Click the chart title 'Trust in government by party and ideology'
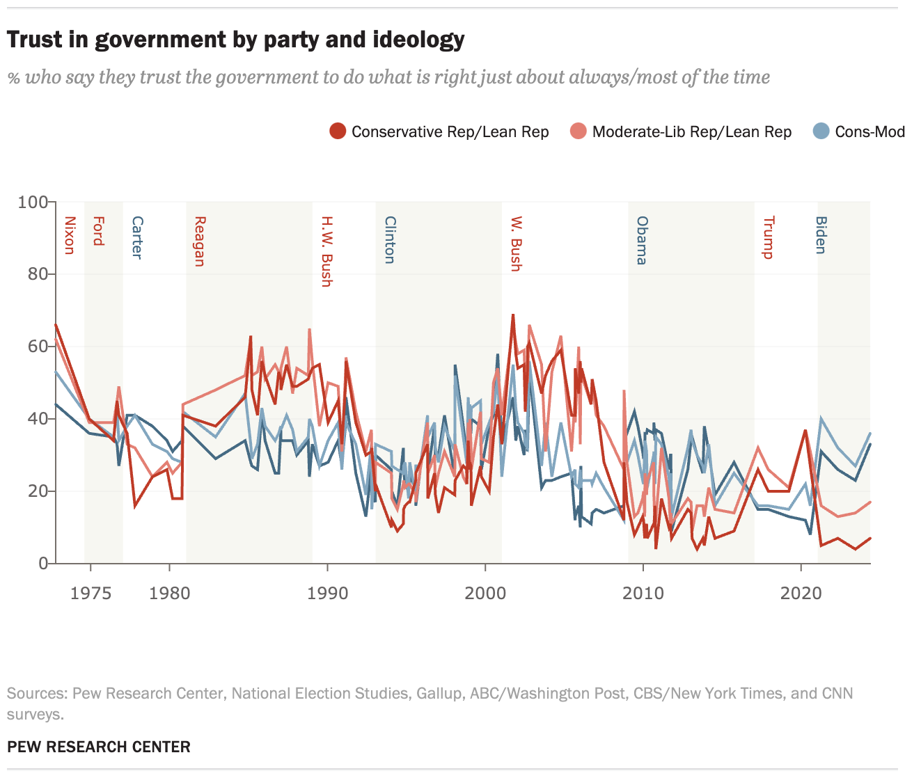point(235,40)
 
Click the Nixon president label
point(69,235)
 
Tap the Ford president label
point(98,231)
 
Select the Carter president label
point(137,238)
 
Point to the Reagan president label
point(199,241)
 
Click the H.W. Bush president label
point(326,251)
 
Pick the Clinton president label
point(390,240)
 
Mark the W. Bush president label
point(516,244)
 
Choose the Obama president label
point(642,240)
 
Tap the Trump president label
point(768,237)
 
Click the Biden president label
point(821,235)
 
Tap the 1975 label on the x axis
point(90,593)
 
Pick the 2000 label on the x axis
point(485,593)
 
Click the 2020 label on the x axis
point(801,593)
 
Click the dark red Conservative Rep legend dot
point(338,132)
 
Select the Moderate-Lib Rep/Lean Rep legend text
point(691,132)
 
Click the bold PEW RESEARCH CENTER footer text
point(99,747)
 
